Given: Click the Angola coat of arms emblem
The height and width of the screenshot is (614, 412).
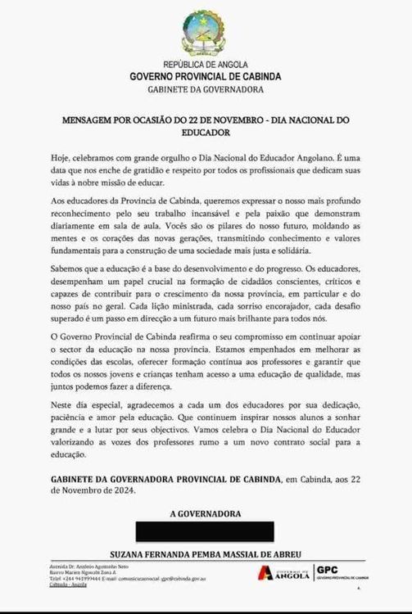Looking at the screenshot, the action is (205, 31).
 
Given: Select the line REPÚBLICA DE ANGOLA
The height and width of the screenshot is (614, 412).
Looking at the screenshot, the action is (205, 65).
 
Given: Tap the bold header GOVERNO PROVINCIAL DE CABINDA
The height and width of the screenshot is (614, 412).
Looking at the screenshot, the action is (206, 76).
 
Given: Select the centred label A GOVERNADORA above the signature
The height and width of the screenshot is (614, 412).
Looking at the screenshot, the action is (206, 514).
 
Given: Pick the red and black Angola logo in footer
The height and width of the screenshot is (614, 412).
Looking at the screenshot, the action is (285, 574).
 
